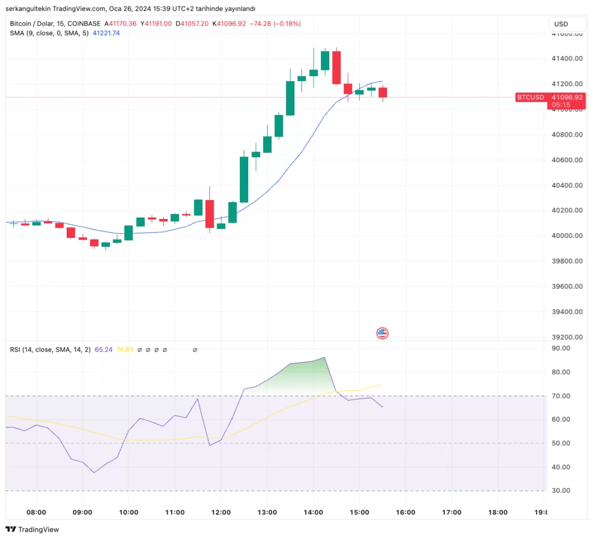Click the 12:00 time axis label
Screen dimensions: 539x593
pyautogui.click(x=220, y=512)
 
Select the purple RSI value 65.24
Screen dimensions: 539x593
pyautogui.click(x=104, y=350)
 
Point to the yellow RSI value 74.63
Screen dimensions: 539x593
pyautogui.click(x=125, y=350)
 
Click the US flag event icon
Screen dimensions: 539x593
pyautogui.click(x=382, y=333)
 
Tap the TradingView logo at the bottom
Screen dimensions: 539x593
pyautogui.click(x=32, y=530)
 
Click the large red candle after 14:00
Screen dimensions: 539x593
pyautogui.click(x=336, y=67)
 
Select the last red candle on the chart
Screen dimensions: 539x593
pyautogui.click(x=383, y=92)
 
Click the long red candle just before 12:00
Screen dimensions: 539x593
pyautogui.click(x=209, y=213)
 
